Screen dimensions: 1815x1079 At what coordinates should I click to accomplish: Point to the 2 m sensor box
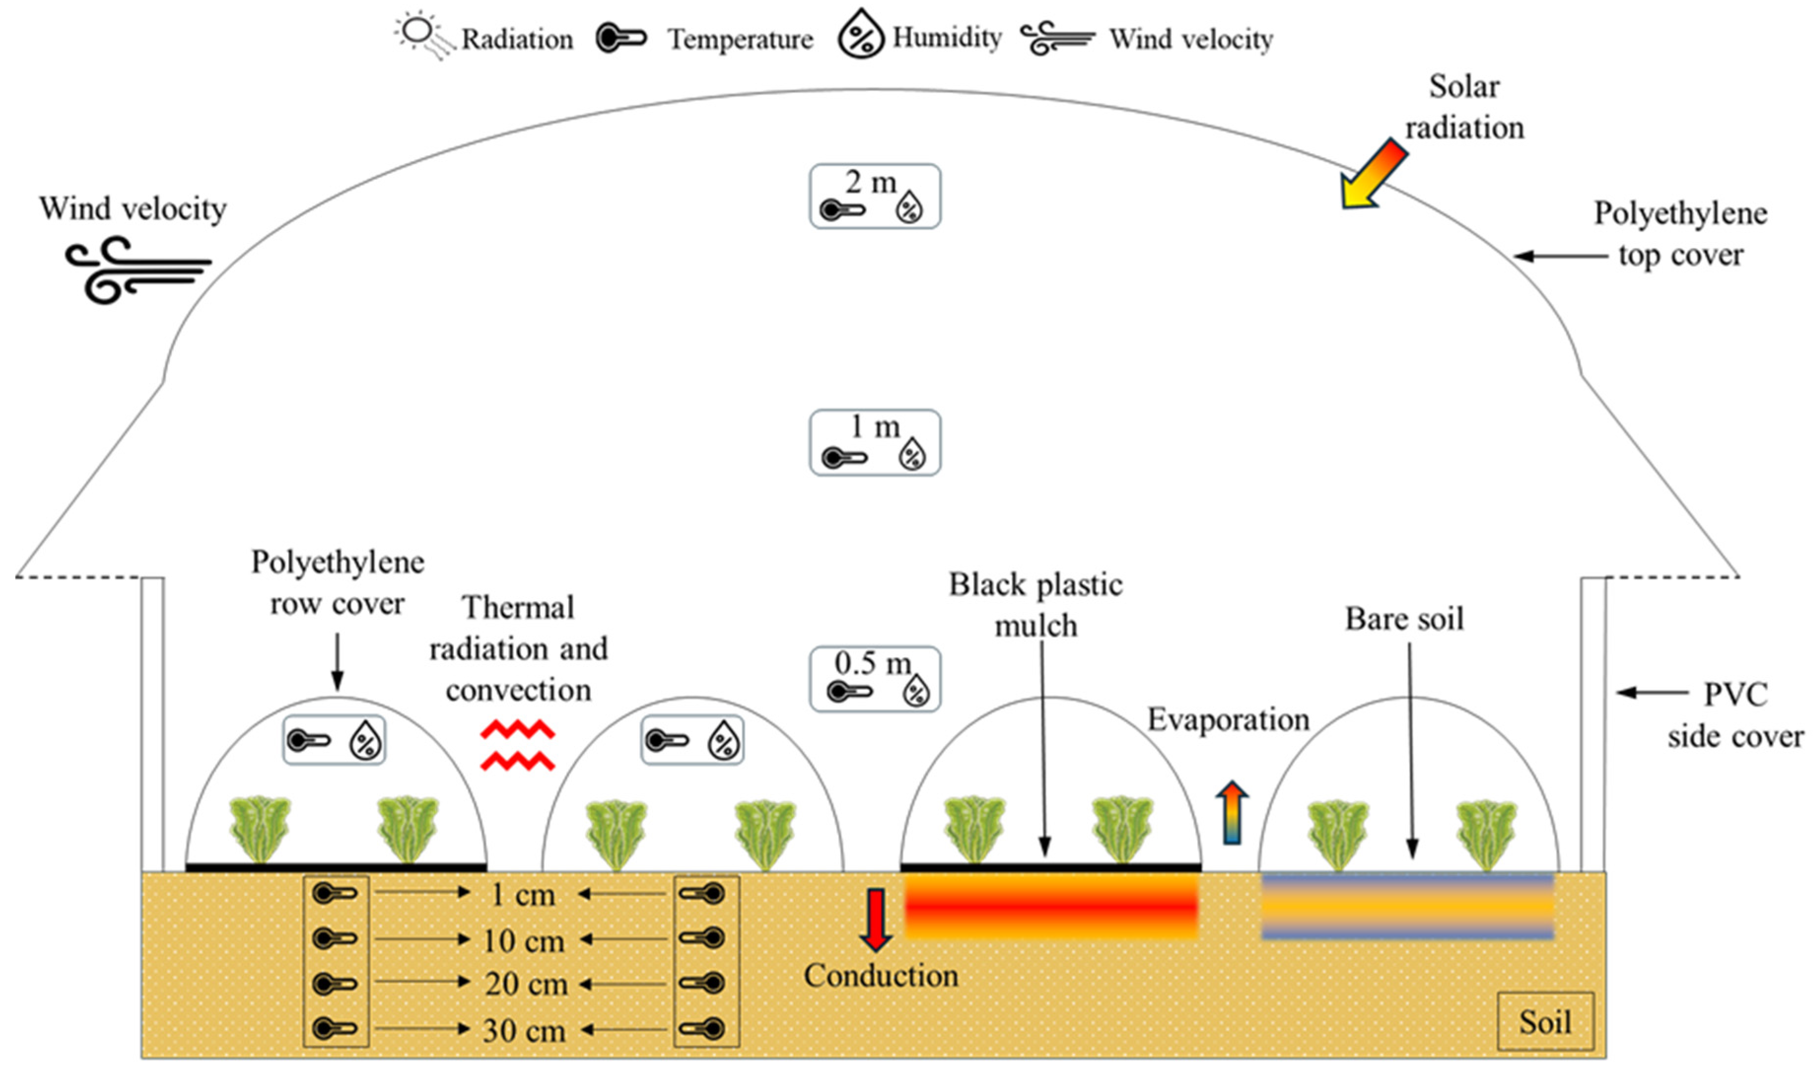pos(875,196)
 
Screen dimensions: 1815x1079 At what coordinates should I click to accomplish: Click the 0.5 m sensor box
pos(875,678)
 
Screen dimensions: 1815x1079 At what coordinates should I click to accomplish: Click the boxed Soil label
pos(1545,1021)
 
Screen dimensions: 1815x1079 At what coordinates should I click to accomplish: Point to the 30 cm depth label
pos(523,1030)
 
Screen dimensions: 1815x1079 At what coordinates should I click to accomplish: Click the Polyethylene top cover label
pos(1680,234)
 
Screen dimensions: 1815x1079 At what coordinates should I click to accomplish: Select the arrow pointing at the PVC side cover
pos(1651,692)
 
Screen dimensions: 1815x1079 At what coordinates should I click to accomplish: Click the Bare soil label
pos(1404,619)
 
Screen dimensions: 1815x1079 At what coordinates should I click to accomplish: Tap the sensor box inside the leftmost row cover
pos(334,740)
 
